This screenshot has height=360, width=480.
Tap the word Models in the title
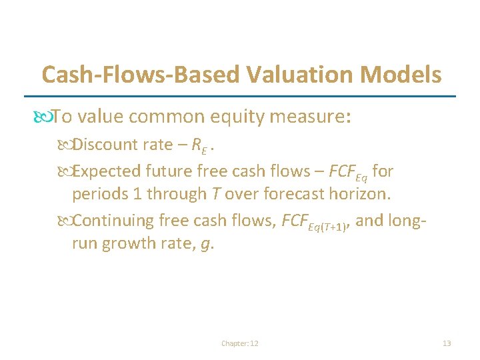click(x=407, y=74)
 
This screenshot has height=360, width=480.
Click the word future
click(x=169, y=171)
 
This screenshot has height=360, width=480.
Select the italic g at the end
click(x=205, y=245)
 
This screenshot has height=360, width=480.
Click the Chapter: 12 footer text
click(x=240, y=343)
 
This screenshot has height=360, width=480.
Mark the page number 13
click(x=447, y=343)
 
